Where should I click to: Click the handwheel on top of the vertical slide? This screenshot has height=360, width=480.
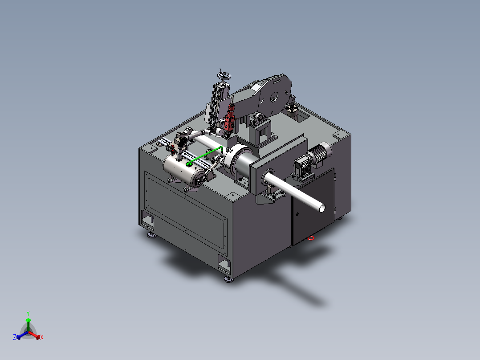(x=224, y=75)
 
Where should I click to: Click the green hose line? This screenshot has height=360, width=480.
(x=204, y=156)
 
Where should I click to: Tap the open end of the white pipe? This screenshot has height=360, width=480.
(x=322, y=209)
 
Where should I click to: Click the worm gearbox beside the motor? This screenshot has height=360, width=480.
(x=302, y=168)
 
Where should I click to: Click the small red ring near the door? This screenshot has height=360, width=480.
(x=311, y=238)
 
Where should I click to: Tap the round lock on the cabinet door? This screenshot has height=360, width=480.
(x=297, y=214)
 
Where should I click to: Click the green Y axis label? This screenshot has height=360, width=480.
(x=28, y=313)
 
